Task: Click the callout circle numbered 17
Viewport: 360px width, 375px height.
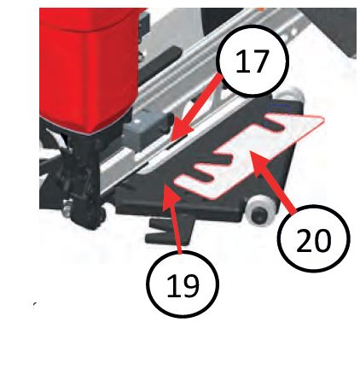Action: [253, 61]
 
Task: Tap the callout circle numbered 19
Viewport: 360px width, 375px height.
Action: [183, 284]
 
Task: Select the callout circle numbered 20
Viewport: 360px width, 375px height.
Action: [314, 238]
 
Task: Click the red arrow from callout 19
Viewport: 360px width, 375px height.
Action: [172, 218]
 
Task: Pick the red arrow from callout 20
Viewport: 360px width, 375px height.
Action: [273, 181]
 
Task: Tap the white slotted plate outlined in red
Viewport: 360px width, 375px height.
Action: [250, 155]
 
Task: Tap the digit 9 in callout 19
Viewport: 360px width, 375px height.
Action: [190, 284]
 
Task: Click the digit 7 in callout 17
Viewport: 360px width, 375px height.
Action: [258, 61]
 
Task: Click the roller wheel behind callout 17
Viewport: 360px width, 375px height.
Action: [292, 97]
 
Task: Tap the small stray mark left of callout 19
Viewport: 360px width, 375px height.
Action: [34, 305]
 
